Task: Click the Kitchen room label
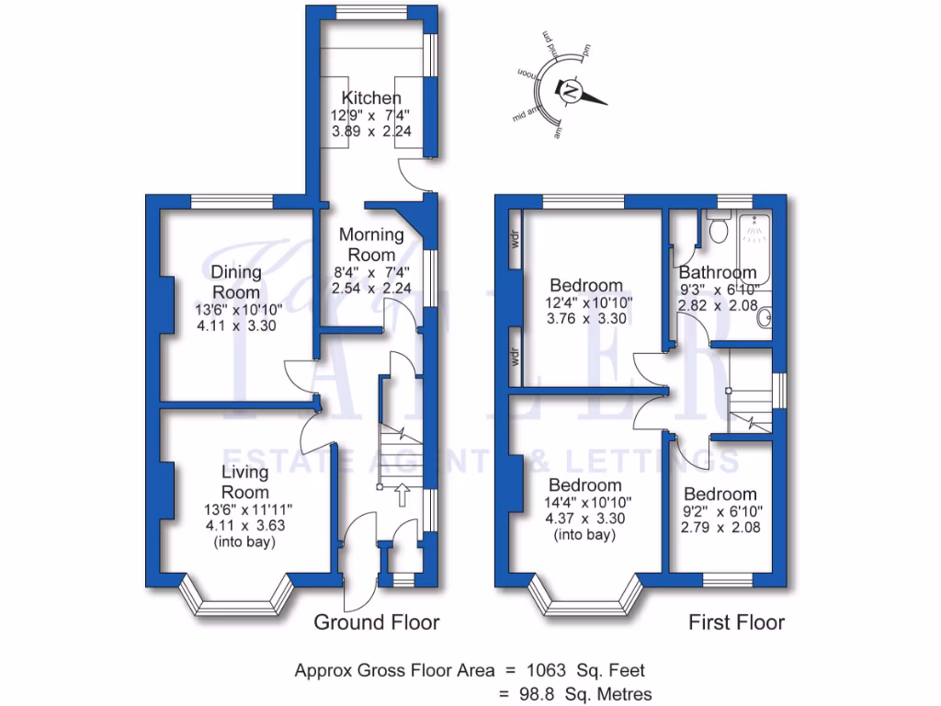click(371, 98)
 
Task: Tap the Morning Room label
click(372, 245)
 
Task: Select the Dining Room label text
click(236, 281)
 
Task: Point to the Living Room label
click(245, 483)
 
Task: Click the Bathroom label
click(718, 273)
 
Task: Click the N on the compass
click(571, 91)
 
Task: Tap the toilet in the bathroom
click(717, 224)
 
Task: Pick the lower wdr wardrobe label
click(516, 357)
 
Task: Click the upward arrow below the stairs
click(402, 496)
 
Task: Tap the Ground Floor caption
click(377, 622)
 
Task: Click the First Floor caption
click(737, 622)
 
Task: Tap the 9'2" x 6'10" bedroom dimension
click(720, 512)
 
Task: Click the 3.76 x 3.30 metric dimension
click(584, 320)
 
